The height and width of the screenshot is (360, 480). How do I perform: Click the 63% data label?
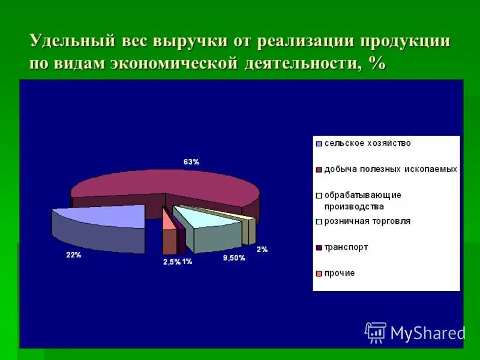pyautogui.click(x=191, y=161)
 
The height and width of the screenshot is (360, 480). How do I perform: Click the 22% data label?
pyautogui.click(x=73, y=255)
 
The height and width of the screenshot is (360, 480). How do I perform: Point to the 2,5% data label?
pyautogui.click(x=171, y=262)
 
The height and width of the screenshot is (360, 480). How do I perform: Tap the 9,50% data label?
pyautogui.click(x=233, y=258)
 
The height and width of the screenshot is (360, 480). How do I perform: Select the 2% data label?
pyautogui.click(x=262, y=248)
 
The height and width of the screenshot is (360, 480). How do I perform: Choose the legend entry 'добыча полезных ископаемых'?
pyautogui.click(x=391, y=169)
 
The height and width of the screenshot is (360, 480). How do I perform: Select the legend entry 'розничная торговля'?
pyautogui.click(x=367, y=221)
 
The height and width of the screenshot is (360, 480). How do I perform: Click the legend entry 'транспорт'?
pyautogui.click(x=346, y=247)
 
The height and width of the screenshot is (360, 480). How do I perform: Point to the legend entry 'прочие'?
pyautogui.click(x=340, y=273)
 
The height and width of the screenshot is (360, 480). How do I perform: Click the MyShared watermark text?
pyautogui.click(x=427, y=332)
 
